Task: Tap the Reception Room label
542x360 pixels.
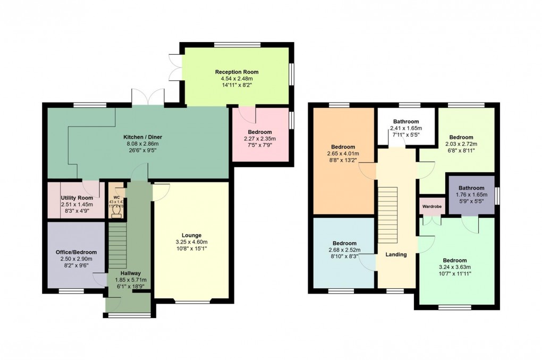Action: [x=236, y=72]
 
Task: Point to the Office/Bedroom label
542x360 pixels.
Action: [x=76, y=252]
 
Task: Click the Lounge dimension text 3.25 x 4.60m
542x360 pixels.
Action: [x=191, y=242]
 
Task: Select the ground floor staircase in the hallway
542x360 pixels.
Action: [x=117, y=246]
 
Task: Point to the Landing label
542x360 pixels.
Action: [x=396, y=254]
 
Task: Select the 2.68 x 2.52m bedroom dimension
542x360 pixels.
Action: [x=345, y=250]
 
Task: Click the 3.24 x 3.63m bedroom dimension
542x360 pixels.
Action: [x=456, y=267]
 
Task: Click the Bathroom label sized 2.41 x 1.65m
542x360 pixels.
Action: [x=406, y=121]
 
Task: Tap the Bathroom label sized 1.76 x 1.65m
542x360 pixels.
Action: [x=471, y=188]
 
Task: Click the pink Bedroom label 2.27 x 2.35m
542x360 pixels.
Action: [x=260, y=132]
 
